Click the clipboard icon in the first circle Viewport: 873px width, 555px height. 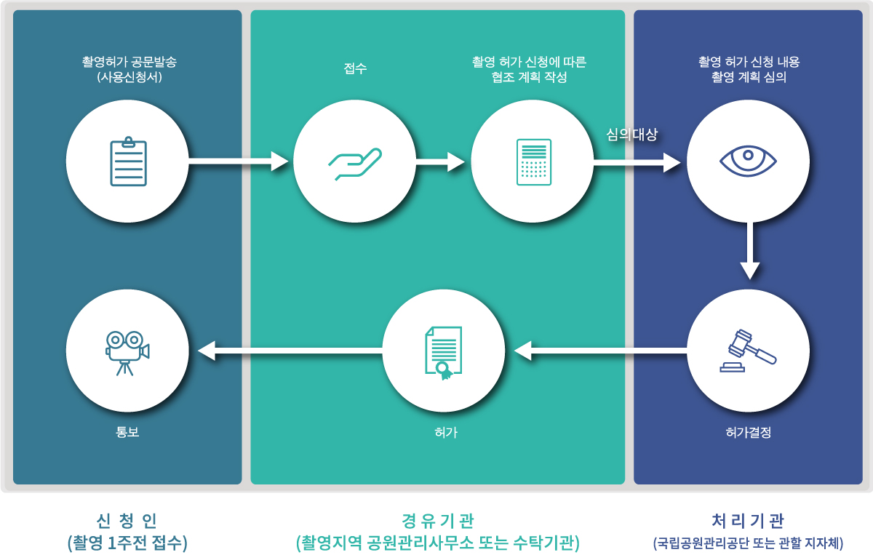[128, 161]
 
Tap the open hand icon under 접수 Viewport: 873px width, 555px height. [354, 163]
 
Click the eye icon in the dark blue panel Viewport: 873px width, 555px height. [748, 160]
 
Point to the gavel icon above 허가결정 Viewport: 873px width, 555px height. [748, 351]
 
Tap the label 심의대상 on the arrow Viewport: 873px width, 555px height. [631, 135]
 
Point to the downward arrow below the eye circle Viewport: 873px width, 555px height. [750, 251]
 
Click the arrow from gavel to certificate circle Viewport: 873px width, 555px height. [600, 352]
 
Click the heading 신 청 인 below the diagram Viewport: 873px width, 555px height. [127, 521]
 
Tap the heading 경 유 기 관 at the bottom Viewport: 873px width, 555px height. [437, 521]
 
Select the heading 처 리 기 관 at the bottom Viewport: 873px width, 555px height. [748, 521]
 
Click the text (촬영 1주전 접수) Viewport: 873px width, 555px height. [127, 543]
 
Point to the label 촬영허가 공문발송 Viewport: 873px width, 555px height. [129, 63]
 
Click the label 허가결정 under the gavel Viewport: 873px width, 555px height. [748, 432]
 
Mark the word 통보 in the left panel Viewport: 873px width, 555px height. [127, 432]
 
